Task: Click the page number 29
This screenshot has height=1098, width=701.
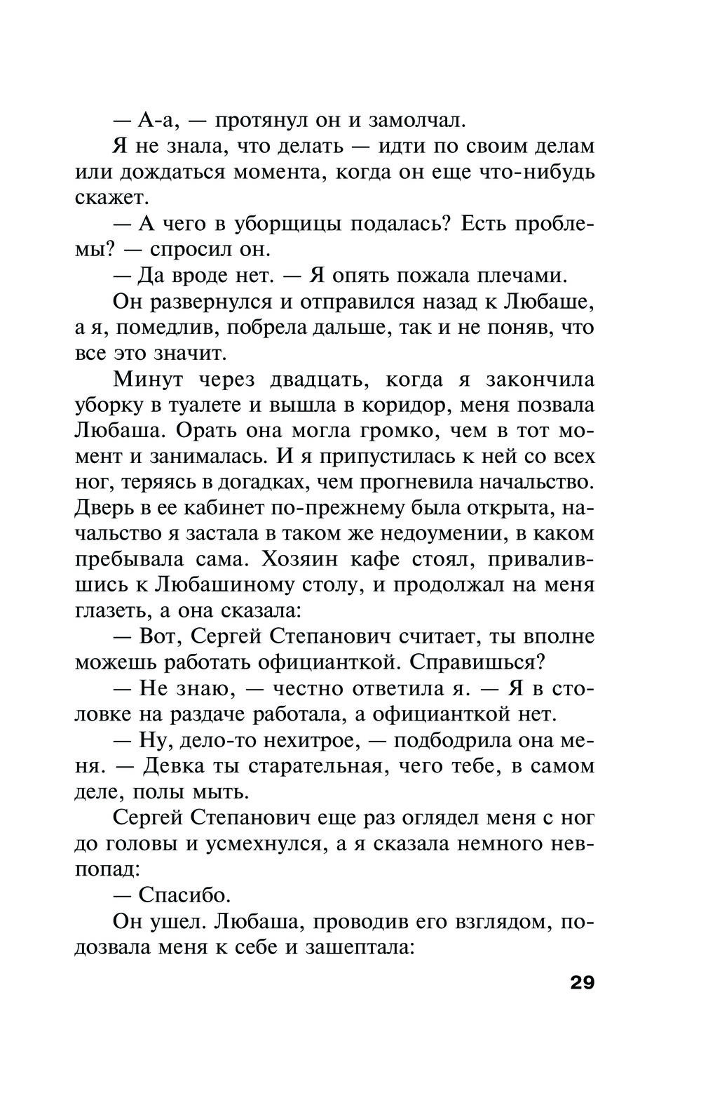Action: (582, 982)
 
